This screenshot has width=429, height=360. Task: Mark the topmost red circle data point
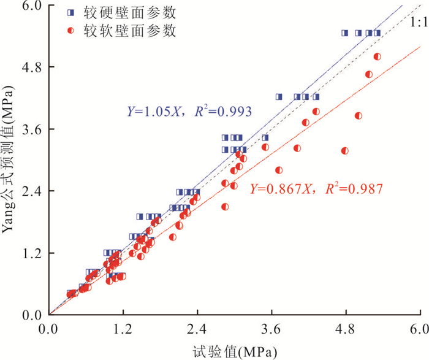click(x=377, y=56)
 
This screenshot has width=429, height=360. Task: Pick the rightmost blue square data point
click(x=377, y=33)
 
